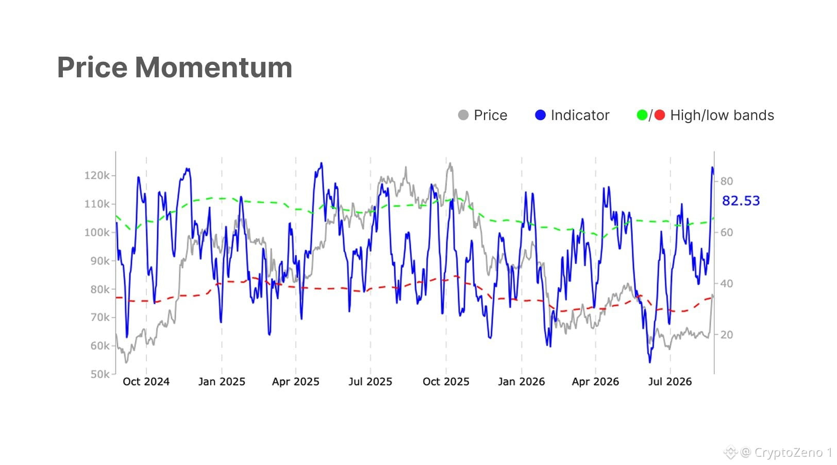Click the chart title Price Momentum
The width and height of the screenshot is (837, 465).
(x=175, y=67)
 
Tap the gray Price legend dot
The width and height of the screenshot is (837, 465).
(x=463, y=115)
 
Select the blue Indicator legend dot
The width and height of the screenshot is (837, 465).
(x=540, y=115)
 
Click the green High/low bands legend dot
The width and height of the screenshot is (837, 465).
(x=642, y=115)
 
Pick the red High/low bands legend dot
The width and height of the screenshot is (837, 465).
(x=660, y=115)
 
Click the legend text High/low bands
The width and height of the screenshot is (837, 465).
(x=722, y=115)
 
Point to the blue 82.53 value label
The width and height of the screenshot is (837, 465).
(x=741, y=201)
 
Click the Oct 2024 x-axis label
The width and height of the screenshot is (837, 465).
(x=146, y=382)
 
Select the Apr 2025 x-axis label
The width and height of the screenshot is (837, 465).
(x=295, y=382)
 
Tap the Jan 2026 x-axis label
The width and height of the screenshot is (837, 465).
(x=521, y=382)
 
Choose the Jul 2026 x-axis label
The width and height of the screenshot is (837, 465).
(x=670, y=382)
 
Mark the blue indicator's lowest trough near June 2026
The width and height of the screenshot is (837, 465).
(x=650, y=362)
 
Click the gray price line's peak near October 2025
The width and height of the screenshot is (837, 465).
(x=450, y=163)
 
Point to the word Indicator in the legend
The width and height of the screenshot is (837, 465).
(x=580, y=115)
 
